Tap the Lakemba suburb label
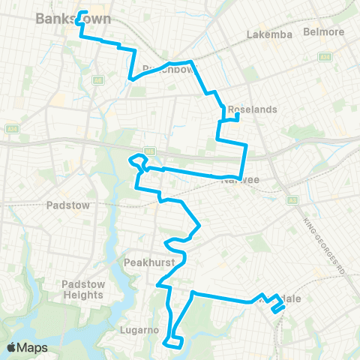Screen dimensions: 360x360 coord(268,34)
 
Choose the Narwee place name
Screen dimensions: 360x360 coord(239,180)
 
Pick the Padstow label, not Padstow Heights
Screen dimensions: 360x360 coord(68,204)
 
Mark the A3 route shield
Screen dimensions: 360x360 coord(293,199)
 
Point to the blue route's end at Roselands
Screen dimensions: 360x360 coord(237,116)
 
